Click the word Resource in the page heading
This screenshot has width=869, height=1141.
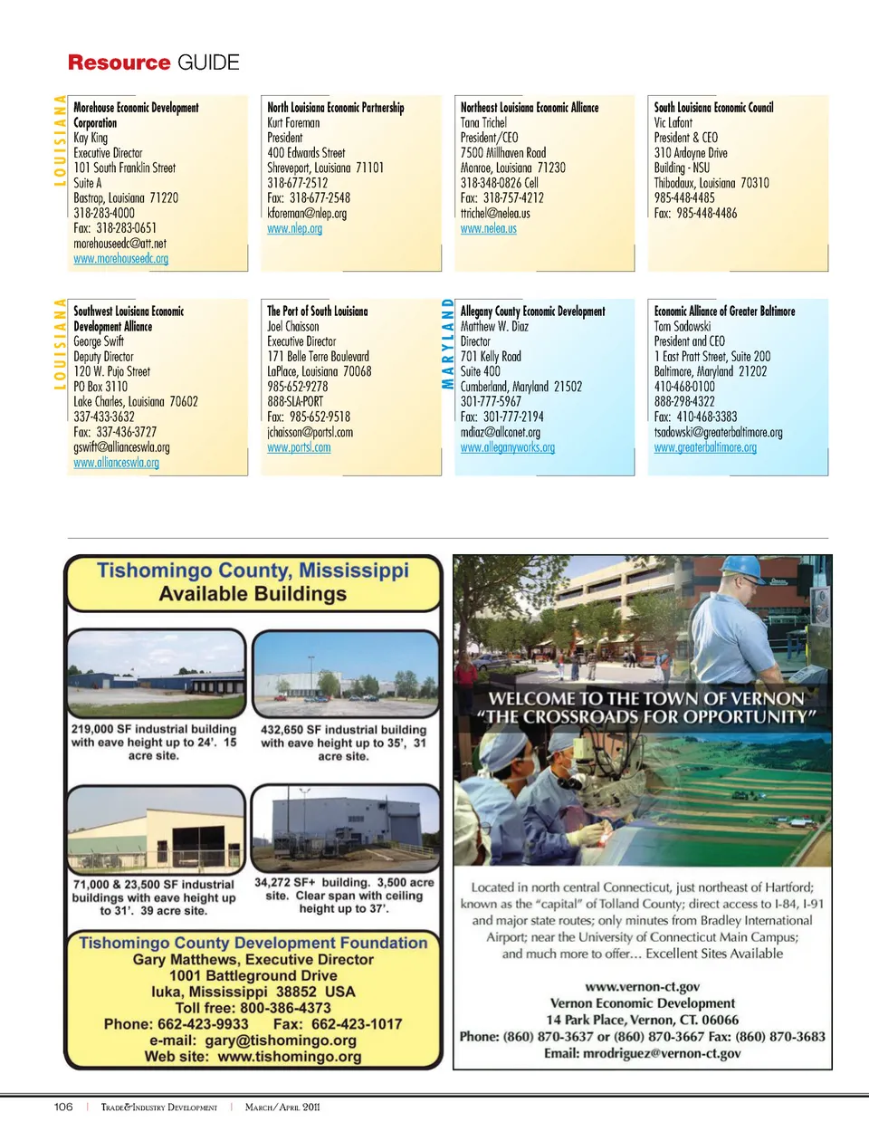pos(119,62)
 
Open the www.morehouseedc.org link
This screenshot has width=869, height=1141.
pos(120,259)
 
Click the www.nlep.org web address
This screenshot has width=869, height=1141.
pos(294,229)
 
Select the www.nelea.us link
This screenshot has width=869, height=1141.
pos(488,229)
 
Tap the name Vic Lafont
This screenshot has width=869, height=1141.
pos(673,122)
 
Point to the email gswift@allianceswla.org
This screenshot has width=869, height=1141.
pos(121,447)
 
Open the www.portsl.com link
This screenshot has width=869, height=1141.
pos(299,447)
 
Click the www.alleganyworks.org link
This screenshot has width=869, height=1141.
pos(507,447)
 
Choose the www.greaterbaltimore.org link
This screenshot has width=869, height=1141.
pos(705,447)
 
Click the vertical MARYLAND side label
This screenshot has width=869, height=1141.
pos(447,343)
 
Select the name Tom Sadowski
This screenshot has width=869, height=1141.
pos(682,326)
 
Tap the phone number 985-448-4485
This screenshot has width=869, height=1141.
pos(683,197)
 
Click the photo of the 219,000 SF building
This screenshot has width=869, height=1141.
pos(156,674)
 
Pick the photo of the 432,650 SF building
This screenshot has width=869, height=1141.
pos(344,675)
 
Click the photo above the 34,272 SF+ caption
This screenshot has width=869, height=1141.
pos(344,829)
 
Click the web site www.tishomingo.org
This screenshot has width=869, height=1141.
pos(289,1057)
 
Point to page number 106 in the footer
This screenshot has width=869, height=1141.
pos(63,1107)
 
